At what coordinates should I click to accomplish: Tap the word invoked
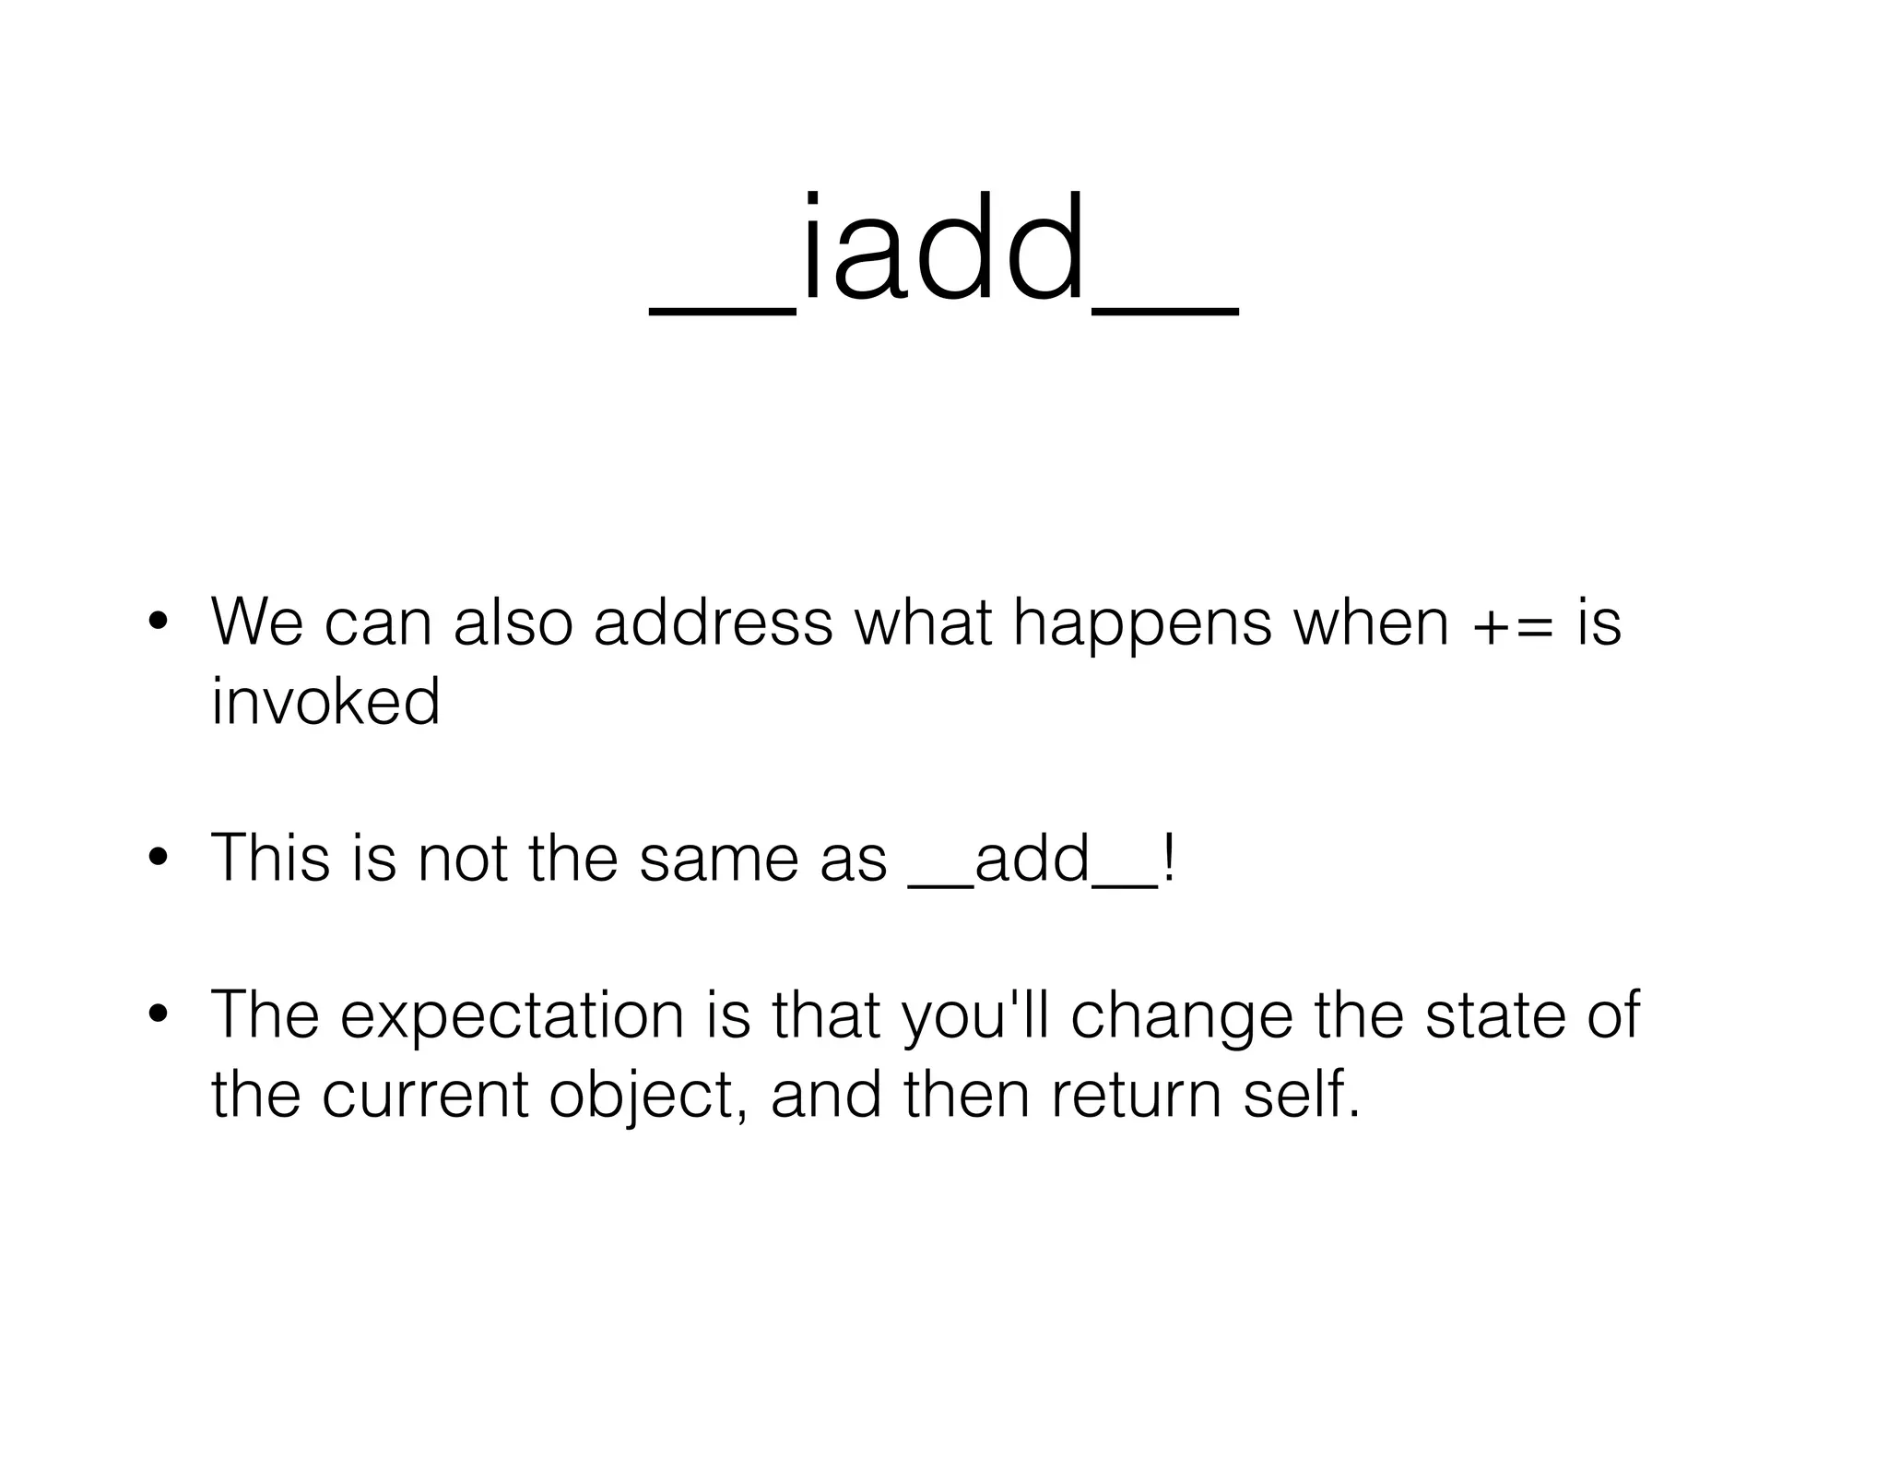tap(325, 702)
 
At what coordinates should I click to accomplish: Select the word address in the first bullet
tap(713, 623)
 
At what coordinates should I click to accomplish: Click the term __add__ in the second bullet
tap(1032, 860)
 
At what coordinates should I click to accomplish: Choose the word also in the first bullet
tap(513, 623)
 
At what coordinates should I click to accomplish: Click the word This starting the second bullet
tap(270, 859)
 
